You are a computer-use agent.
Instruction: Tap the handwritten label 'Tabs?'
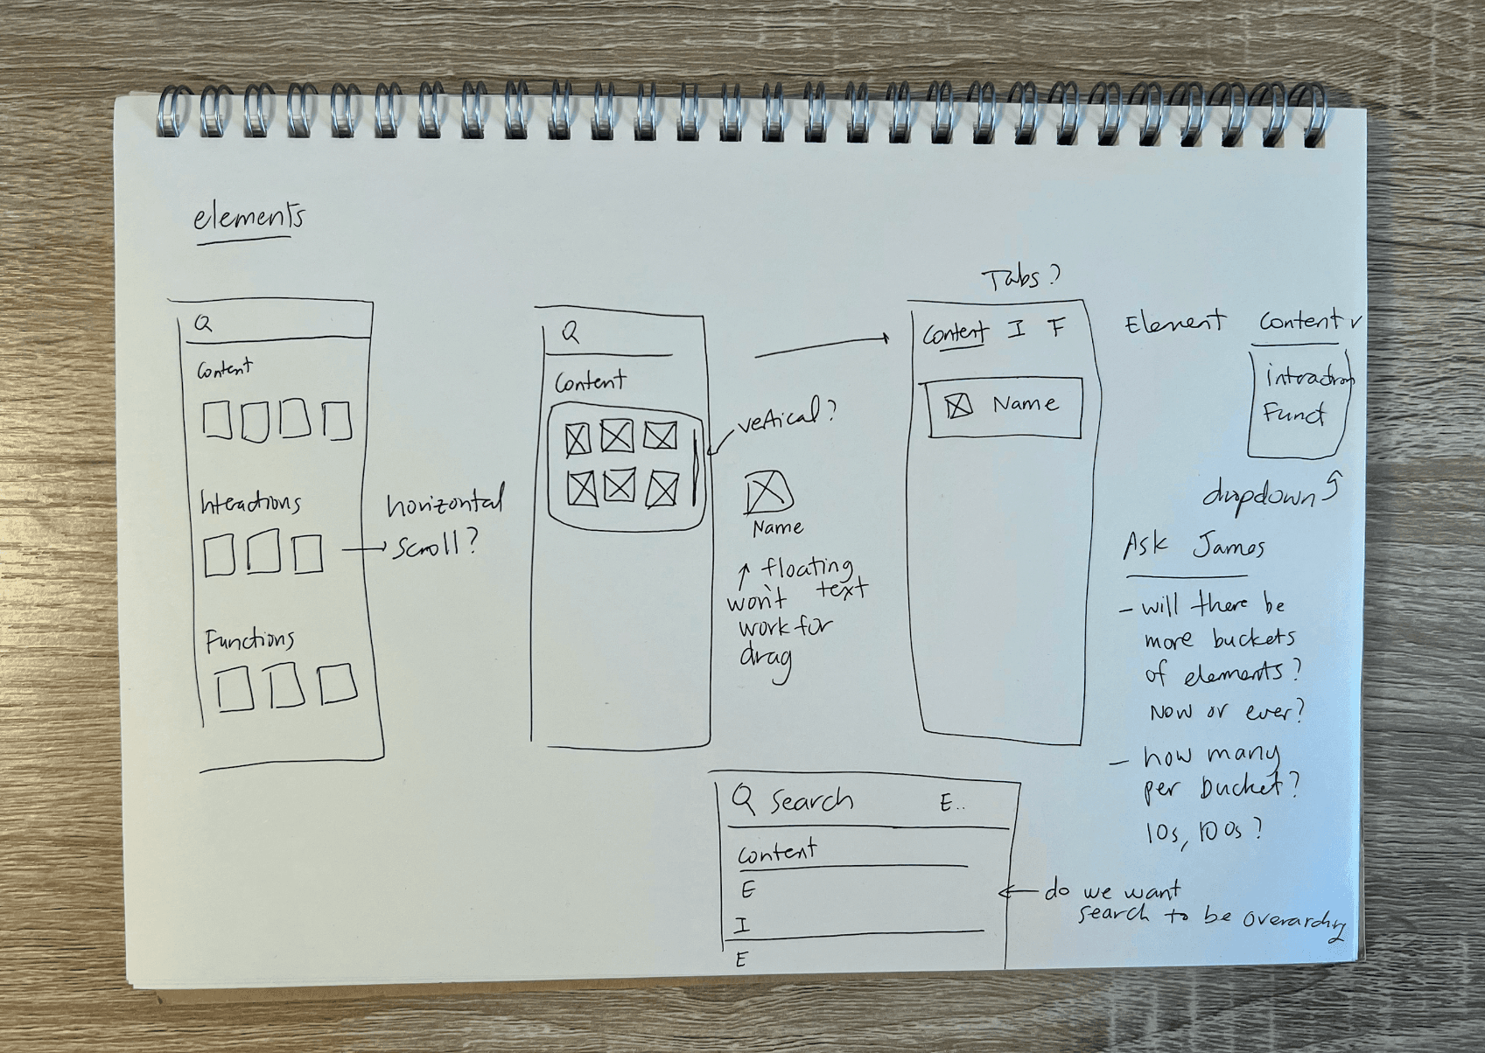(x=1020, y=279)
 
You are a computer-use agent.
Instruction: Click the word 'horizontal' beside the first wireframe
(x=445, y=505)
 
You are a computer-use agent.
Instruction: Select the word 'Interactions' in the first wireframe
(x=250, y=503)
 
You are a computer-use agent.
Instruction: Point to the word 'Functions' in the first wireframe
(x=249, y=640)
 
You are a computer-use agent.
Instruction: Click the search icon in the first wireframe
(x=203, y=324)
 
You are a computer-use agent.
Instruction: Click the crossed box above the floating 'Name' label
(x=767, y=492)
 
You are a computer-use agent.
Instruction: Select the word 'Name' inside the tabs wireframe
(x=1025, y=404)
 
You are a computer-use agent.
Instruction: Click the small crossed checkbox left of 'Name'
(x=959, y=406)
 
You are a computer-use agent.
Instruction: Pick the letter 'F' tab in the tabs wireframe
(x=1057, y=329)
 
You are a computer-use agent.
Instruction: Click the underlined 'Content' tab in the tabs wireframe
(x=955, y=333)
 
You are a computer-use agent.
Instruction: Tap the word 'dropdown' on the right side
(x=1260, y=496)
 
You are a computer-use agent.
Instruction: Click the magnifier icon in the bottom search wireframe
(x=743, y=798)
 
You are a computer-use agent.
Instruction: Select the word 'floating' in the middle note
(x=806, y=568)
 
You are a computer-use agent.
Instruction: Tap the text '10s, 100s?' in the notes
(x=1204, y=831)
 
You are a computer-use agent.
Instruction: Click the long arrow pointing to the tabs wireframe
(x=822, y=347)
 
